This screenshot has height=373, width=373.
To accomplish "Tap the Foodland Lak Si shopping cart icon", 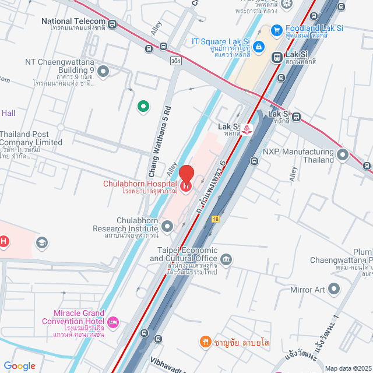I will point(277,30).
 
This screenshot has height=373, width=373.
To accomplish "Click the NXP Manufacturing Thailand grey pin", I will point(343,154).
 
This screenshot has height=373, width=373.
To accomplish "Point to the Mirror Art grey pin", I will point(334,288).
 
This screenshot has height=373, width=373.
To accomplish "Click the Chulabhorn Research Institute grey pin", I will point(168,226).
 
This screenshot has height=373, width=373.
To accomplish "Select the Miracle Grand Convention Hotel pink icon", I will point(114,322).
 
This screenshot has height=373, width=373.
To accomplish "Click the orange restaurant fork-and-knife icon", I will point(205,342).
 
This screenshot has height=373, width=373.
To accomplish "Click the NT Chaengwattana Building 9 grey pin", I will point(104,72).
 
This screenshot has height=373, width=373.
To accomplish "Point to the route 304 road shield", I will point(175,61).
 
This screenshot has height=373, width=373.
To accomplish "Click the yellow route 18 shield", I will point(216,219).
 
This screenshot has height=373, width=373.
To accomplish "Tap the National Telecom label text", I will point(73,21).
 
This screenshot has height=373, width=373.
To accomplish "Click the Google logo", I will point(19,365).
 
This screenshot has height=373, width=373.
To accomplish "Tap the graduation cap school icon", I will point(41,242).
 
